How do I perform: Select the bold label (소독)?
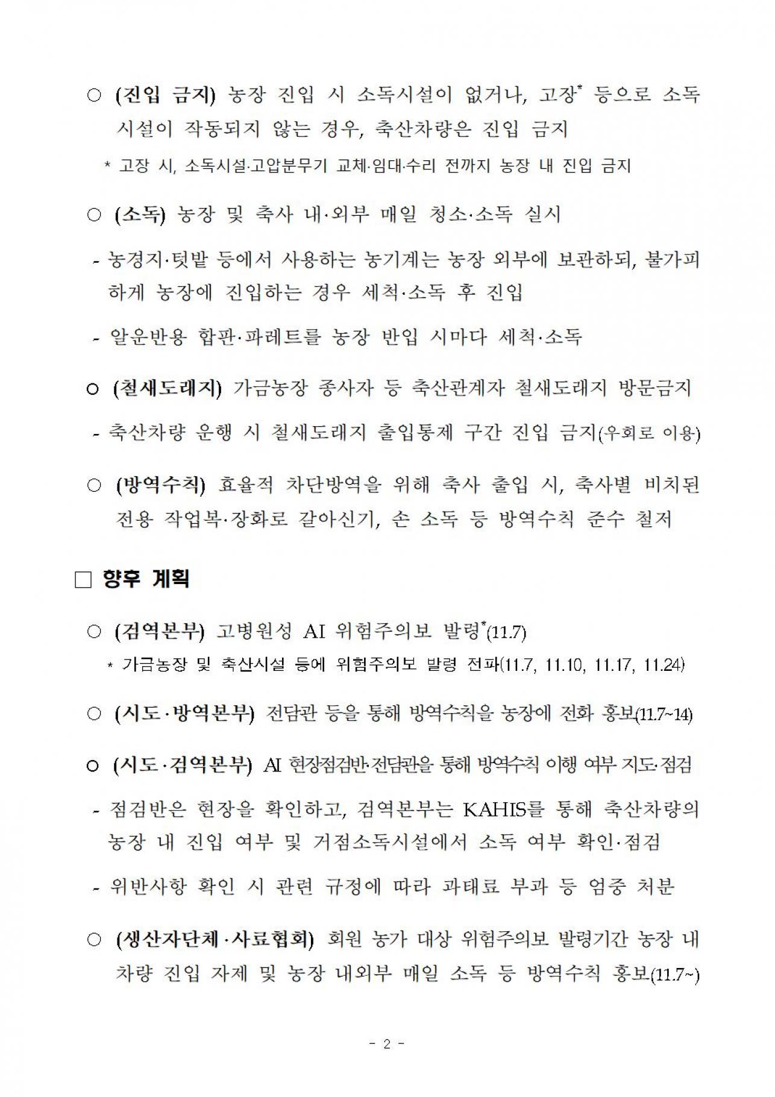coord(139,215)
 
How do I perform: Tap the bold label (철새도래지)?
coord(167,389)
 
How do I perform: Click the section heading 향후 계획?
coord(146,579)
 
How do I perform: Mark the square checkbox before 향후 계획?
coord(83,580)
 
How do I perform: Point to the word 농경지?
coord(133,260)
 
